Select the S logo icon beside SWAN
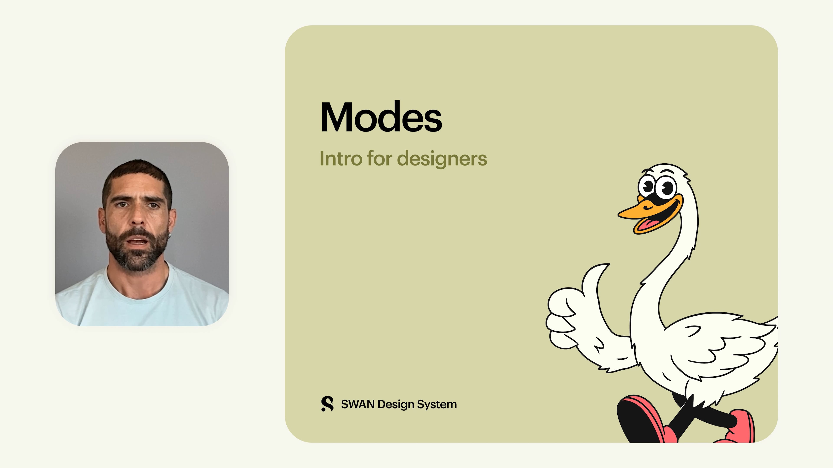327,404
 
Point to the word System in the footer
436,404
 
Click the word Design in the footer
395,404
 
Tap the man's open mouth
138,241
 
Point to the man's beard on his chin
138,258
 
